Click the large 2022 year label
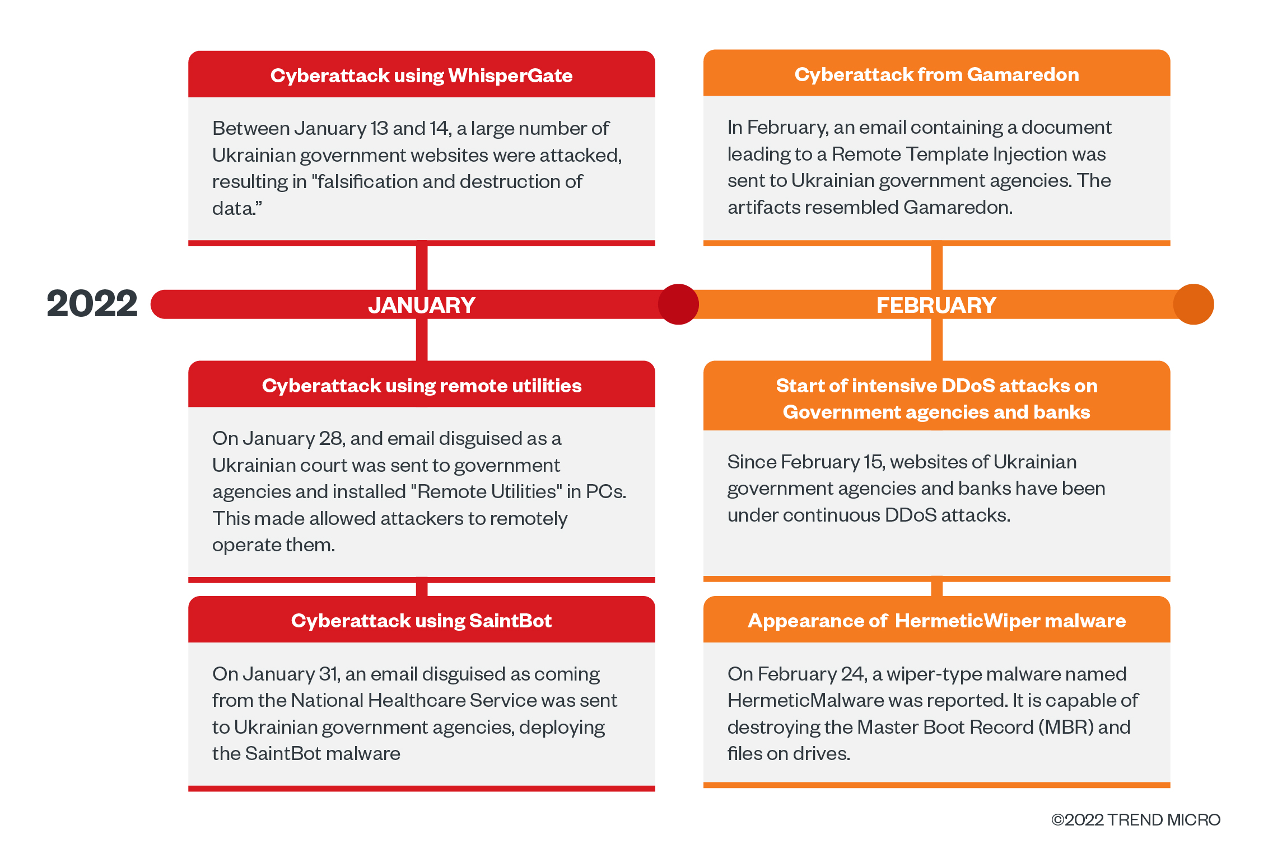click(x=92, y=304)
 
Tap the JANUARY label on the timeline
click(x=421, y=305)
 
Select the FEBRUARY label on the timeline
click(x=936, y=305)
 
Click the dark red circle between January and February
click(x=678, y=304)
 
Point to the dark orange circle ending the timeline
click(x=1193, y=304)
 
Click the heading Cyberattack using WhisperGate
click(x=421, y=76)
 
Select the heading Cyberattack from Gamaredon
click(x=936, y=74)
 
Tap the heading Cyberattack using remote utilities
click(x=421, y=386)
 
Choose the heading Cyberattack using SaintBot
click(x=421, y=621)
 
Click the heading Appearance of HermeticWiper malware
click(x=936, y=621)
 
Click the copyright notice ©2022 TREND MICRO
click(x=1135, y=820)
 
